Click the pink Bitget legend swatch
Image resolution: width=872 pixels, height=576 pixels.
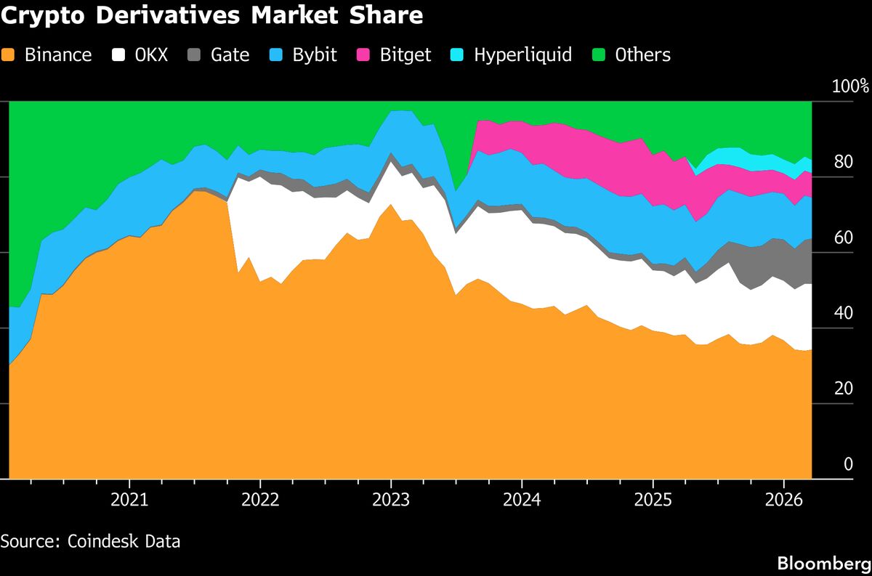coord(364,54)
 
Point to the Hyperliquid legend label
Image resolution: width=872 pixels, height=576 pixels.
coord(522,54)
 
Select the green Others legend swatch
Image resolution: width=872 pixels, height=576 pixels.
coord(599,54)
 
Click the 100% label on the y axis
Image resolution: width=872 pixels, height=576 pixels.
coord(850,87)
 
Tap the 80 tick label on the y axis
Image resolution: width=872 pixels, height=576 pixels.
coord(843,163)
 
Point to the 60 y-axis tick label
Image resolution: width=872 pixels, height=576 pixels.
coord(843,238)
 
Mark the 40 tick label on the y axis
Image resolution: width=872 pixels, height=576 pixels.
coord(843,314)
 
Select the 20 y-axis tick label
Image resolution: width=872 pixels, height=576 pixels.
coord(843,389)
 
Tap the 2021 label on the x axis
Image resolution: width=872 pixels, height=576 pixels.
coord(129,500)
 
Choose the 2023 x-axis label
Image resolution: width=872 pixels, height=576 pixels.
coord(391,500)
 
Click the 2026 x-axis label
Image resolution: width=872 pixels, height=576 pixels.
coord(783,500)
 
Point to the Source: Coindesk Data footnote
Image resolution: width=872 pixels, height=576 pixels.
coord(90,541)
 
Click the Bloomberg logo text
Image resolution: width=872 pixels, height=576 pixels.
coord(824,563)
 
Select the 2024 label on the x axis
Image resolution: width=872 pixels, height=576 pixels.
coord(522,500)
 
